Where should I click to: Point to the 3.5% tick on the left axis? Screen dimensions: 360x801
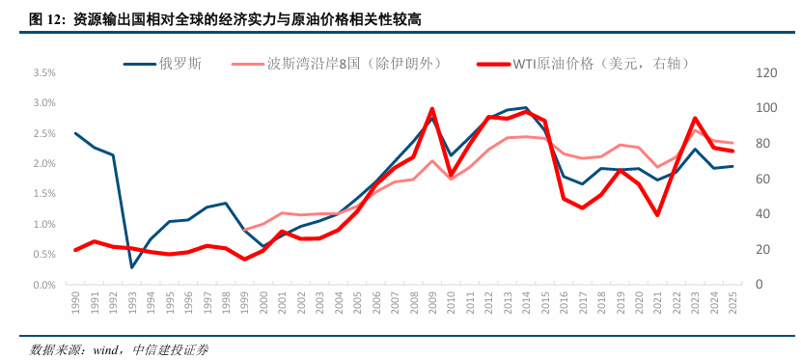43,72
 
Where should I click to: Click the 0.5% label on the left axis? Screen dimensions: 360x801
43,255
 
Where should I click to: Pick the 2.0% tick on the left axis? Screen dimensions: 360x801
43,163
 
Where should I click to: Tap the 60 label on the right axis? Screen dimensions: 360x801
738,179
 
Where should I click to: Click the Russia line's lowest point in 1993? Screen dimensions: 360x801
131,268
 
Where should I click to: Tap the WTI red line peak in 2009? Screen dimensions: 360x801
431,108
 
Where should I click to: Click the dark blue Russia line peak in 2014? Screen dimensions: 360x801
525,108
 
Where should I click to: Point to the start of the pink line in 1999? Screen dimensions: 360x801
244,230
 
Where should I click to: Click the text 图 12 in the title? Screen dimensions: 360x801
46,18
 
